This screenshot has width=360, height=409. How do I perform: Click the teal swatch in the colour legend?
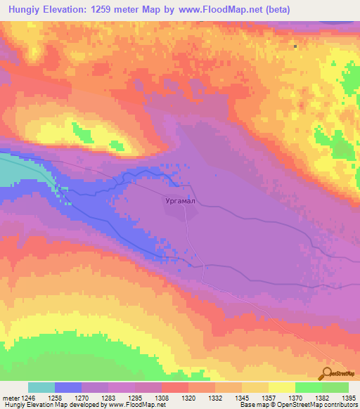(x=41, y=387)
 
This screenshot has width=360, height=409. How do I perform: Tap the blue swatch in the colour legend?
(x=68, y=387)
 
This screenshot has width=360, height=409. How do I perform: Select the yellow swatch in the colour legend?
(x=281, y=387)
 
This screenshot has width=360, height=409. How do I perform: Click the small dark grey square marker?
(x=296, y=47)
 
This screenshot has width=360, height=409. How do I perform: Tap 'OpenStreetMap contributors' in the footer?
(x=321, y=405)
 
